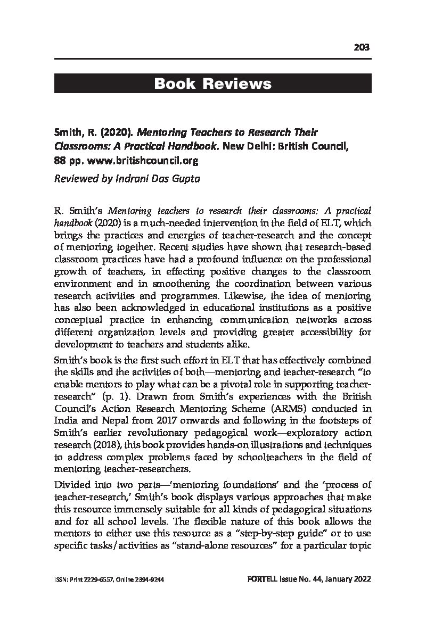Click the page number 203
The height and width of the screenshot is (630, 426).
(x=362, y=47)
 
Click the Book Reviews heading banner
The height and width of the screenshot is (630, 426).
(x=212, y=84)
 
